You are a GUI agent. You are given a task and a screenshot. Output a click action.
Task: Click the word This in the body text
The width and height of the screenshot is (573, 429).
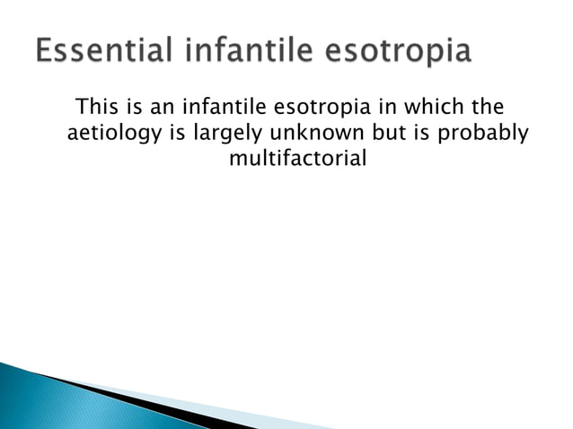pyautogui.click(x=98, y=109)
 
